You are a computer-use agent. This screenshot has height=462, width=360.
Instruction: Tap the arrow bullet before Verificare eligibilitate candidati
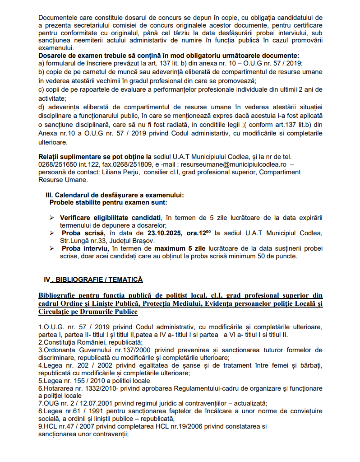pyautogui.click(x=52, y=218)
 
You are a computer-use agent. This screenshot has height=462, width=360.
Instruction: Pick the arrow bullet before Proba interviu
pyautogui.click(x=52, y=248)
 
